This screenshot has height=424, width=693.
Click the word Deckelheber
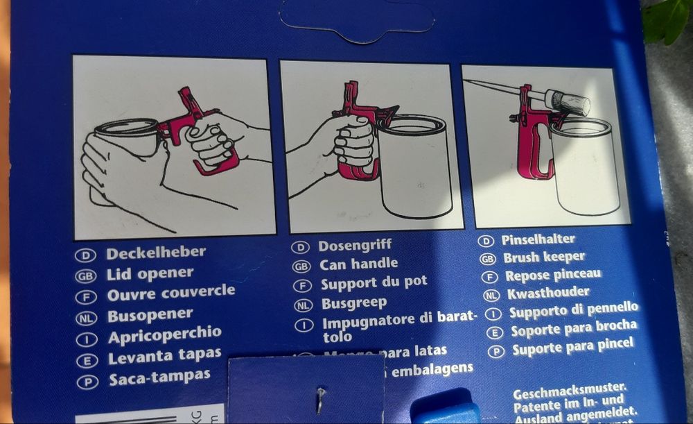(x=155, y=253)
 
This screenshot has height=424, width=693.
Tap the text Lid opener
(x=150, y=273)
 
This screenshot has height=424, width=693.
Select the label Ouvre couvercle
(x=171, y=293)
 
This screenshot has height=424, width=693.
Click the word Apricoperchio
(x=164, y=337)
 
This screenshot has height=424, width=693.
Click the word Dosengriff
(x=355, y=245)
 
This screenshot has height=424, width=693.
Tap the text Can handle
(x=358, y=264)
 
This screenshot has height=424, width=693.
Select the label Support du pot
(x=374, y=283)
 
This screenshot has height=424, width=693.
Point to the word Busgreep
(x=354, y=303)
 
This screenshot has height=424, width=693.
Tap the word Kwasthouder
(x=548, y=293)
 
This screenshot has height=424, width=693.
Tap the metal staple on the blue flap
(x=321, y=398)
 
